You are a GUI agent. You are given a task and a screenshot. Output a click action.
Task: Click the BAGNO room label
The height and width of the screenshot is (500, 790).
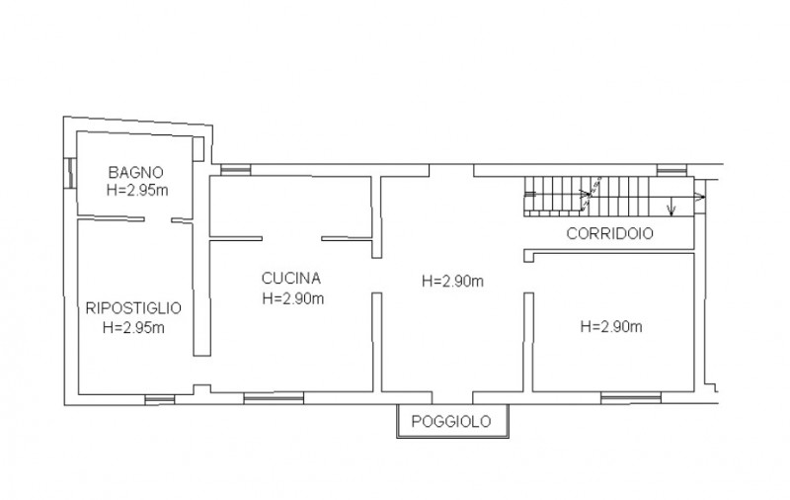[x=136, y=172]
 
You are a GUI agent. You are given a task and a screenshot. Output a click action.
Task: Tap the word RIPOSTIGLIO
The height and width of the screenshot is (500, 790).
[x=133, y=308]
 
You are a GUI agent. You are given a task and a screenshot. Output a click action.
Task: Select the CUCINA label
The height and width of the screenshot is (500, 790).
[x=291, y=278]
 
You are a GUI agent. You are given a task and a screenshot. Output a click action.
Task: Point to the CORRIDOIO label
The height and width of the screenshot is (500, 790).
[x=610, y=233]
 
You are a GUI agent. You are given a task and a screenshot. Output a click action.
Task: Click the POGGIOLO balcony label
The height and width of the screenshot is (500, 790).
[x=451, y=421]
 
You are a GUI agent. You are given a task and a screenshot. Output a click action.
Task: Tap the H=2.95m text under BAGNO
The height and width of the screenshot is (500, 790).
[x=137, y=191]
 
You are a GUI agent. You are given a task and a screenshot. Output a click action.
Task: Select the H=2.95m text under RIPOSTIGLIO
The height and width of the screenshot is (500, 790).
[x=133, y=328]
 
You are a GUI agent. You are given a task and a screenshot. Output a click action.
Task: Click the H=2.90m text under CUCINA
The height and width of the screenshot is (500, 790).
[x=293, y=298]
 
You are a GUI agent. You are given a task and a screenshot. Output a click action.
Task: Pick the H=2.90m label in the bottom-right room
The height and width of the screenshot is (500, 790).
[x=611, y=327]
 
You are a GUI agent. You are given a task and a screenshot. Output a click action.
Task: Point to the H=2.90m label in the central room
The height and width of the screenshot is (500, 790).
[x=453, y=281]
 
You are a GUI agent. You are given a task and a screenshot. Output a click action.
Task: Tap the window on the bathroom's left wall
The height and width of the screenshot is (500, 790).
[x=71, y=173]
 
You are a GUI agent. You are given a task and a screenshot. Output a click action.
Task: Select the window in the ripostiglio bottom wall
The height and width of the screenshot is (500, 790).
[x=160, y=399]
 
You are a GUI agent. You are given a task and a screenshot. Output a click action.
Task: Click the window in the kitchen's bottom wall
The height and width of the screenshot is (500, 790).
[x=275, y=398]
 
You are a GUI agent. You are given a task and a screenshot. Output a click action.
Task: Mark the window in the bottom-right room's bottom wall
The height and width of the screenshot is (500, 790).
[x=631, y=398]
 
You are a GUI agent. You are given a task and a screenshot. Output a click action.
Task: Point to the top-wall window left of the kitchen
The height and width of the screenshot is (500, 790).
[x=236, y=170]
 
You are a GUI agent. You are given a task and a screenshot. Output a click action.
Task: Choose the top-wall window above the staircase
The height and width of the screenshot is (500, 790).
[x=672, y=170]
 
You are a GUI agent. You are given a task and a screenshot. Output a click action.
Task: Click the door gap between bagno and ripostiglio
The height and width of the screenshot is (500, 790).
[x=158, y=219]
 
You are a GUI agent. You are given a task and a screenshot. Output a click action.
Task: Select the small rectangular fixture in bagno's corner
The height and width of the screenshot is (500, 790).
[x=198, y=148]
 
